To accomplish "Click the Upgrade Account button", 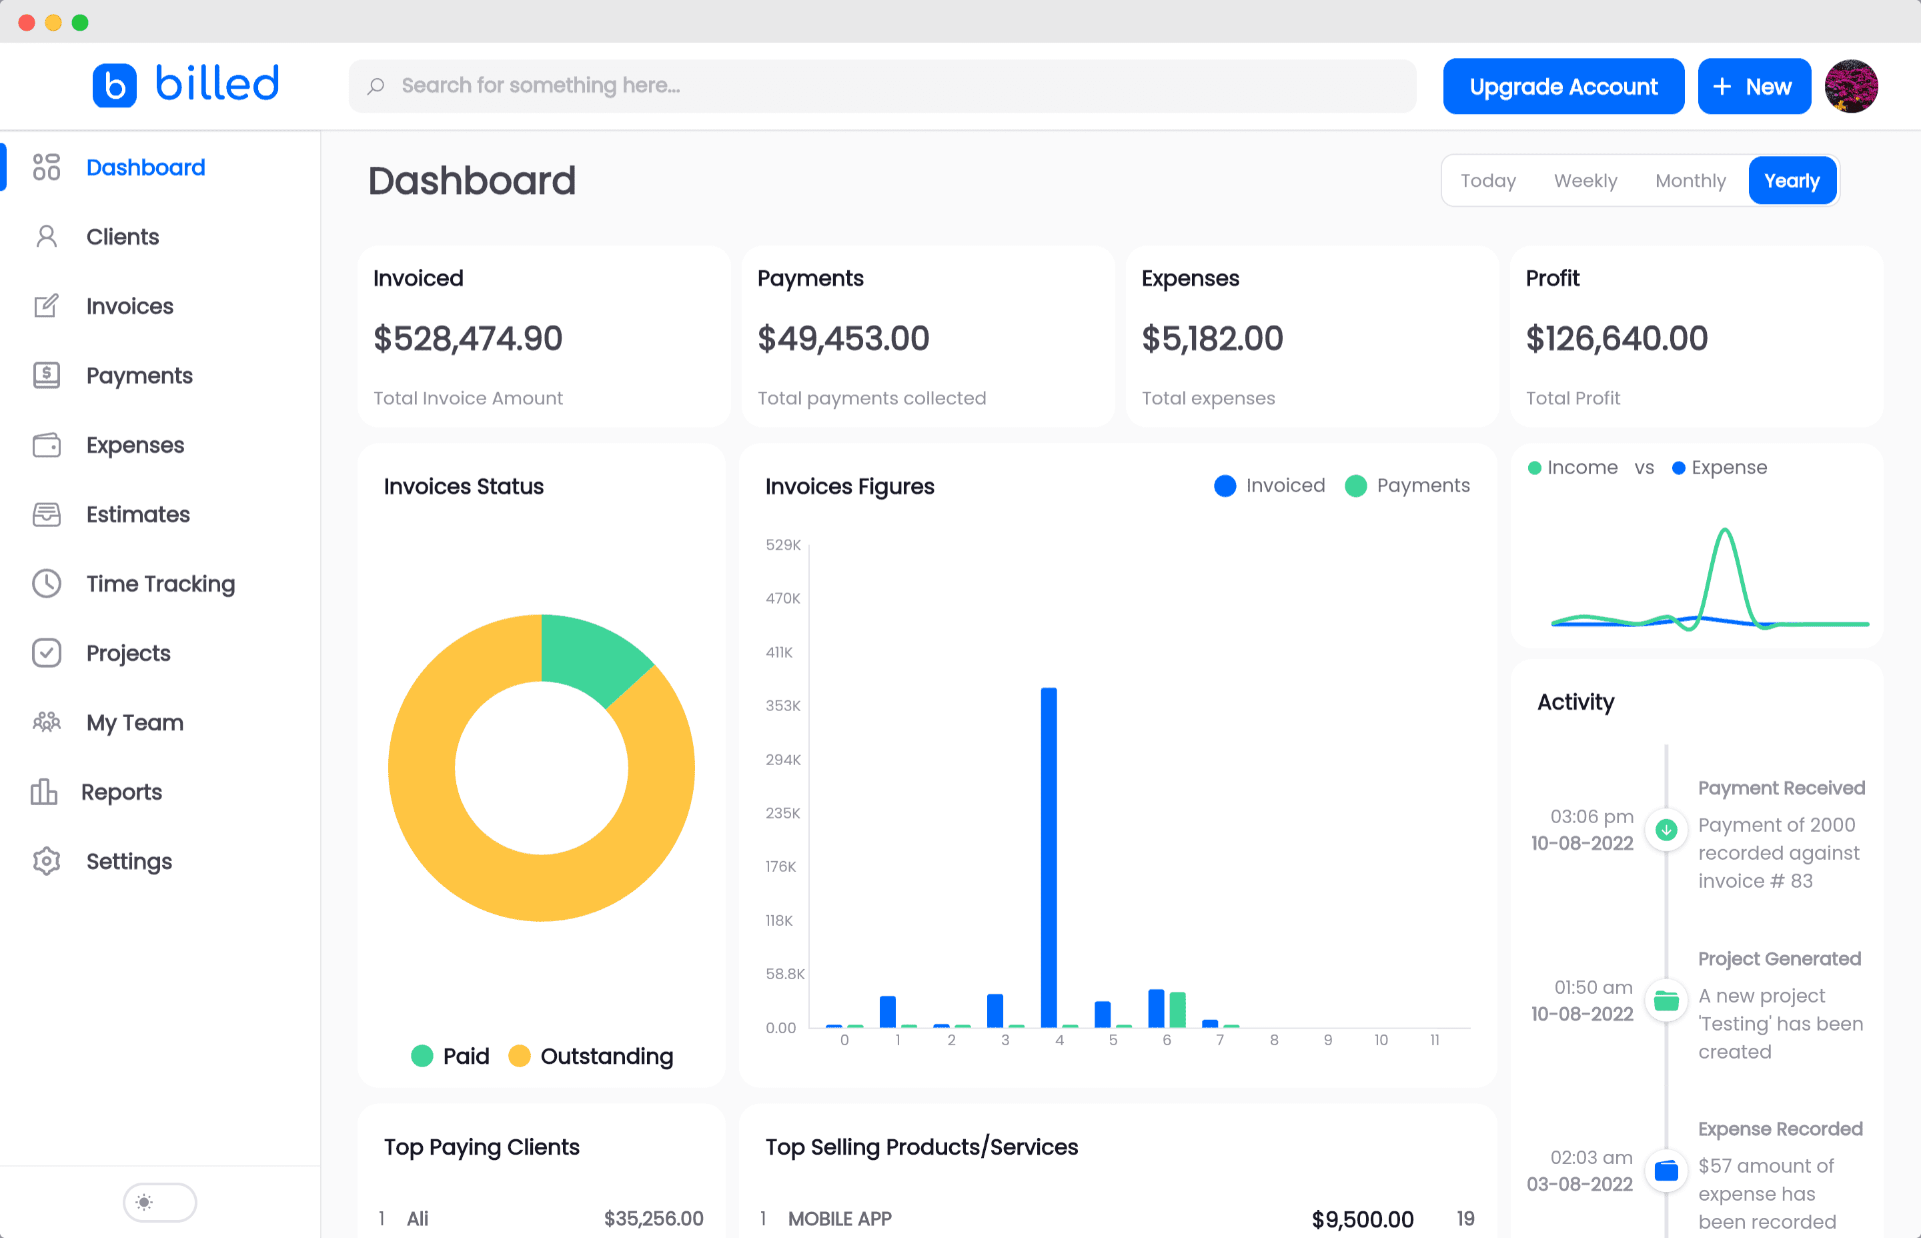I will click(1563, 86).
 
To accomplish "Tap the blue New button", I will click(1753, 86).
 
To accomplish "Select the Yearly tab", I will click(1791, 181).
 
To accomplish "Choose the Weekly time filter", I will click(1584, 181).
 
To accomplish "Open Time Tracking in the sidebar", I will click(160, 584).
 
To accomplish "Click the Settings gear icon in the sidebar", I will click(47, 861).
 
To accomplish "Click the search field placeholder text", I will click(540, 85).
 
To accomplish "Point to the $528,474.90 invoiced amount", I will click(467, 338).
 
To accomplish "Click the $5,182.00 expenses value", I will click(1211, 338).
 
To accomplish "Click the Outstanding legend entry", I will click(591, 1055).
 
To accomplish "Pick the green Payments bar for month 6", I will click(1177, 1010).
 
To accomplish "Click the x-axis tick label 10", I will click(1380, 1041).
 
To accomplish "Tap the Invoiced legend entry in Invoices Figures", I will click(1269, 486).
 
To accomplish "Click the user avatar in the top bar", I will click(1850, 86).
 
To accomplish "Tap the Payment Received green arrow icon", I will click(1666, 830).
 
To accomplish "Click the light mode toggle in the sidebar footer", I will click(159, 1202).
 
